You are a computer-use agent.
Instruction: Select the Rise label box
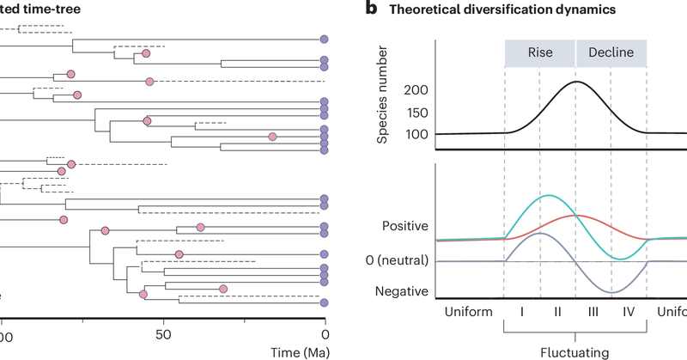pyautogui.click(x=539, y=52)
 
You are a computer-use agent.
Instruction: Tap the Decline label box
pyautogui.click(x=611, y=52)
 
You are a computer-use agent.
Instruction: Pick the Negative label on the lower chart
pyautogui.click(x=402, y=291)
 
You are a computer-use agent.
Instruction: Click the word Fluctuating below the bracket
pyautogui.click(x=575, y=351)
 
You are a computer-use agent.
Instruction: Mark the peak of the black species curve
pyautogui.click(x=577, y=82)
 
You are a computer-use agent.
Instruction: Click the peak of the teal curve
pyautogui.click(x=548, y=196)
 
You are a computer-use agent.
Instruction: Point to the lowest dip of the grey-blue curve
pyautogui.click(x=611, y=293)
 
